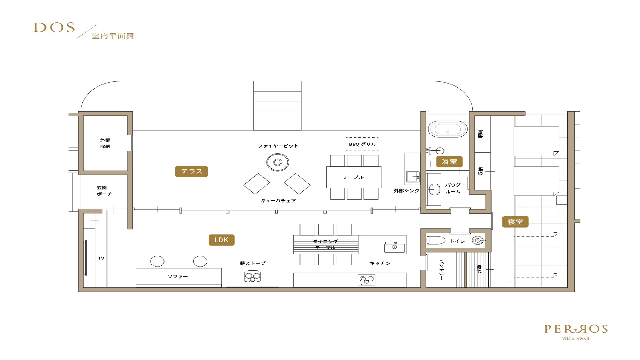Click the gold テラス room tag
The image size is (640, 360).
click(191, 172)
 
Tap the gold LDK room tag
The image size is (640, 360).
click(221, 240)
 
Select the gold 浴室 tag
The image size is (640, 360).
click(449, 162)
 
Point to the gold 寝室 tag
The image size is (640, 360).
click(515, 222)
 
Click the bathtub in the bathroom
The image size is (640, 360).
click(448, 129)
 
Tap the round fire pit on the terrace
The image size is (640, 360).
click(277, 162)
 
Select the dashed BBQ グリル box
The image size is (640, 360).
click(362, 144)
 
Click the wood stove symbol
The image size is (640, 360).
click(253, 276)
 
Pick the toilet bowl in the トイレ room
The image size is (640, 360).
click(436, 240)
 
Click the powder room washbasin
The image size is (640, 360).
click(434, 189)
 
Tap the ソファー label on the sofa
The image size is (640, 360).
click(178, 276)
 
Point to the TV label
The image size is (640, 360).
click(101, 258)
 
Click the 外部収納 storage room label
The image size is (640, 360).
click(105, 143)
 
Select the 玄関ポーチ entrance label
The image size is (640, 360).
click(104, 191)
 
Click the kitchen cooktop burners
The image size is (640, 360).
click(366, 280)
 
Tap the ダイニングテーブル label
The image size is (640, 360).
click(325, 244)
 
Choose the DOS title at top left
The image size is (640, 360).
click(54, 28)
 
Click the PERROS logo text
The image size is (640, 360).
click(576, 329)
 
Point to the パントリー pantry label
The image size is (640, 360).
click(442, 270)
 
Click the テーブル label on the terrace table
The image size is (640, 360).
click(354, 177)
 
